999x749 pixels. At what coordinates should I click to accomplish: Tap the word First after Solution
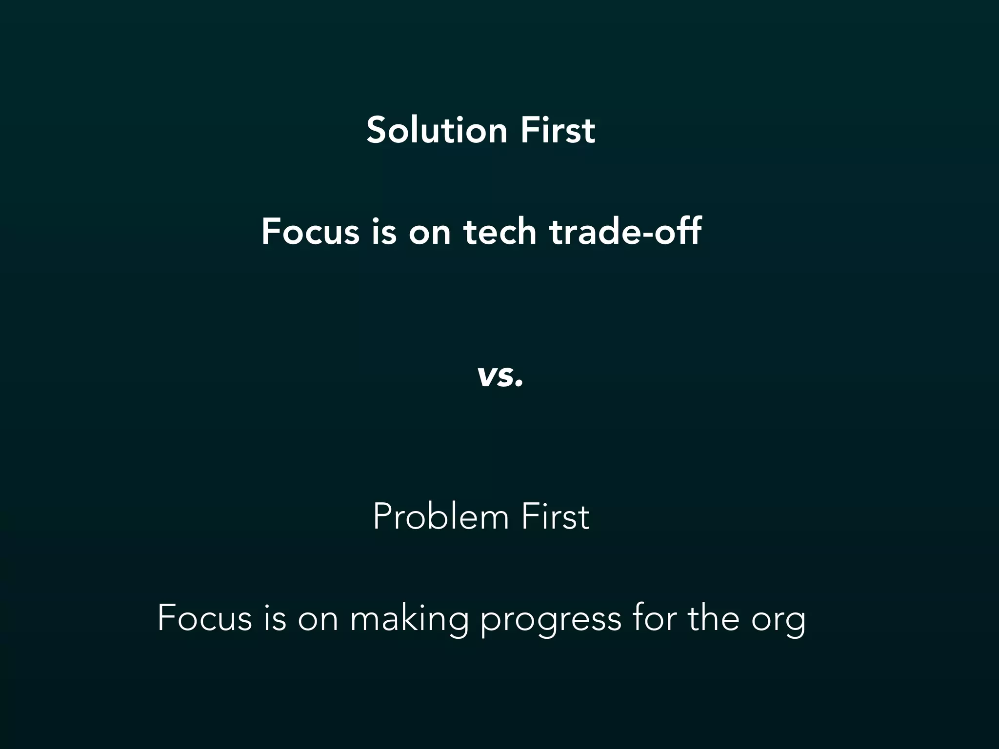[x=558, y=130]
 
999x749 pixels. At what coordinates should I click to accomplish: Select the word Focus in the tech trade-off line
[x=310, y=232]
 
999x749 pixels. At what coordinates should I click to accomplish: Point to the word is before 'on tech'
[x=384, y=232]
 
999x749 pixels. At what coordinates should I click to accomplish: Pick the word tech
[x=500, y=232]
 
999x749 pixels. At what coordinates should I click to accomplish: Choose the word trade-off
[x=625, y=232]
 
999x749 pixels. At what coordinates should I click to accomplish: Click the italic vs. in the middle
[x=500, y=376]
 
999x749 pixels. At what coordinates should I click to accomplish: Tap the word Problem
[x=440, y=517]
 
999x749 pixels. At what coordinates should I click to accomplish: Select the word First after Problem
[x=555, y=517]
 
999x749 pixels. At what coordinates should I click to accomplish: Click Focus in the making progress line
[x=205, y=618]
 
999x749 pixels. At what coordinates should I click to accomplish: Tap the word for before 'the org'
[x=654, y=618]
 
